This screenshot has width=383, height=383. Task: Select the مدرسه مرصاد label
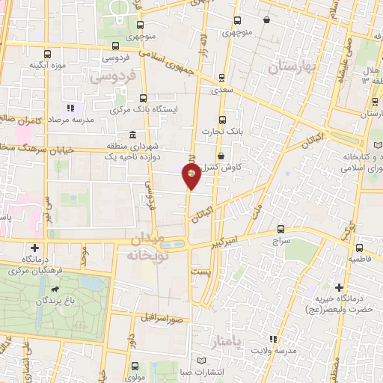point(70,120)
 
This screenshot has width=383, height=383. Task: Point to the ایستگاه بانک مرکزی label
point(157,109)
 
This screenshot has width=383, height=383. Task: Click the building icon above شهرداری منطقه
point(132,135)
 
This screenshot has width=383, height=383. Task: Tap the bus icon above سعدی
point(222,78)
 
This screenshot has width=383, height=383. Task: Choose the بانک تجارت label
point(221,131)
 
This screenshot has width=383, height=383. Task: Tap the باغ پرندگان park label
point(53,301)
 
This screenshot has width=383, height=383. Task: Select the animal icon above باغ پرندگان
point(54,289)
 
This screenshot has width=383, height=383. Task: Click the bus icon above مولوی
point(135,367)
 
